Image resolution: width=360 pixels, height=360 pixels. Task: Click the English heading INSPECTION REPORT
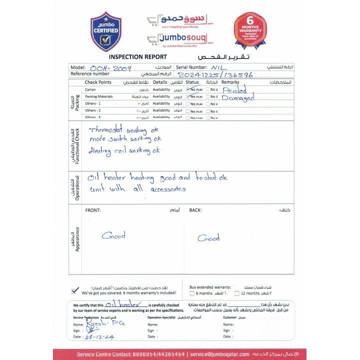tap(134, 57)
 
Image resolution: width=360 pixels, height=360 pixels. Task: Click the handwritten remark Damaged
tap(239, 97)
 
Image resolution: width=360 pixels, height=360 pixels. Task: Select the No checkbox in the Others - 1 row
tap(208, 103)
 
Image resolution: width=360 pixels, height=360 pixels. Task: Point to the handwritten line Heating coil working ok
tap(125, 150)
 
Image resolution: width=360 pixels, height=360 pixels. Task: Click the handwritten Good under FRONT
tap(113, 235)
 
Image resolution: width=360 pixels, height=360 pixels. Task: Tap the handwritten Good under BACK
tap(208, 238)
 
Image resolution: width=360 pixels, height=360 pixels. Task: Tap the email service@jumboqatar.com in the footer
tap(230, 354)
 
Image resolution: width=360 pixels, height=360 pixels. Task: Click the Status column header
tap(192, 82)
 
